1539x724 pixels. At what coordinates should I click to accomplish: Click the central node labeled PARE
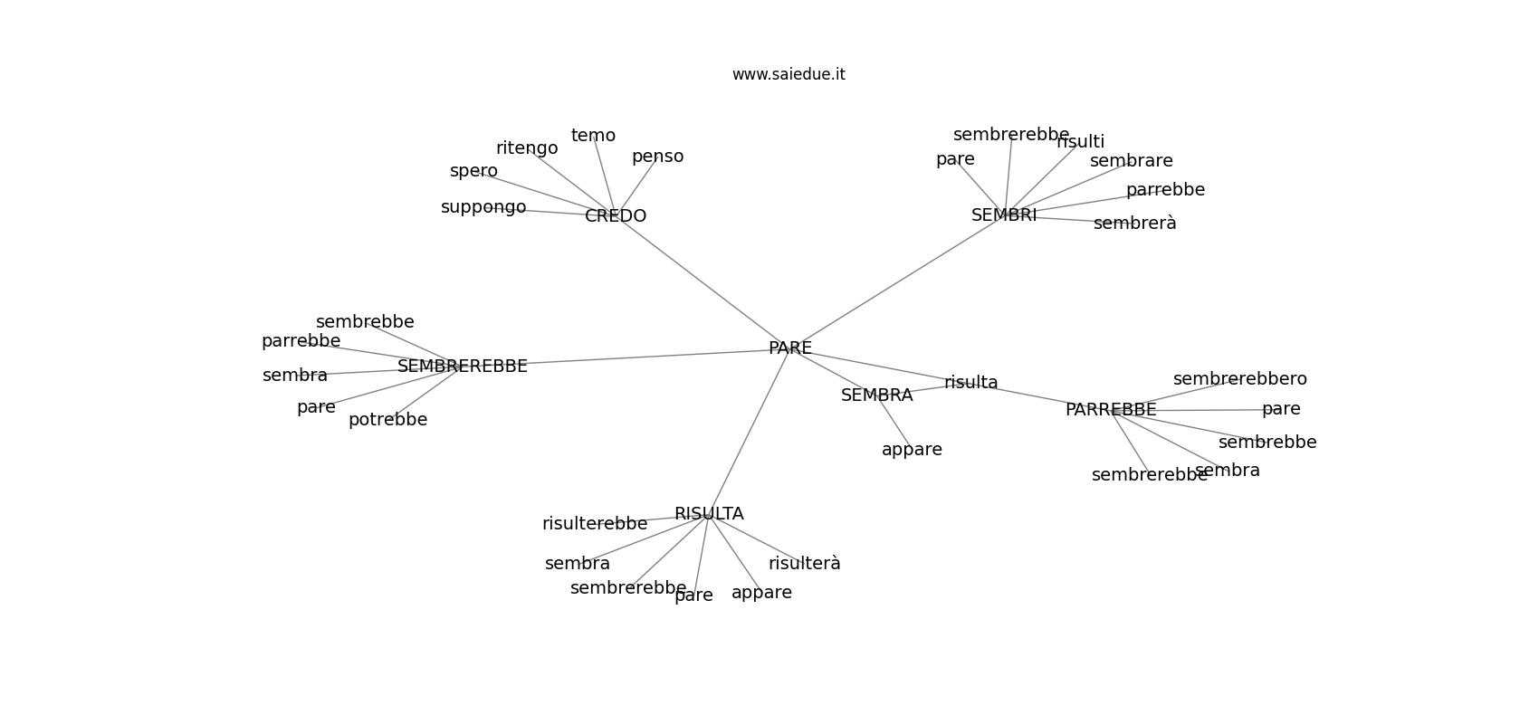pos(789,348)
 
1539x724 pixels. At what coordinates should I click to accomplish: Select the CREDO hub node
pos(616,216)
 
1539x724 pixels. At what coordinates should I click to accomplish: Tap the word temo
pos(593,136)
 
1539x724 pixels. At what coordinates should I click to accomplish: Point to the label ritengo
pos(527,148)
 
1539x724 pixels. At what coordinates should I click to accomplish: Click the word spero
pos(473,171)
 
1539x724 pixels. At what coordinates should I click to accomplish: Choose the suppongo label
pos(483,207)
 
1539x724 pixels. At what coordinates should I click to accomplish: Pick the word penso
pos(657,157)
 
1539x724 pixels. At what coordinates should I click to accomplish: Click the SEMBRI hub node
pos(1004,215)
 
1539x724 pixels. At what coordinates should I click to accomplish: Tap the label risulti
pos(1081,142)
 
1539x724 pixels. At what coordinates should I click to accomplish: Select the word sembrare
pos(1131,161)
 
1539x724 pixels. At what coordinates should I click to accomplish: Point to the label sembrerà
pos(1134,224)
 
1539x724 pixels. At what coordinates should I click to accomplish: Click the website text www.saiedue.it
pos(789,74)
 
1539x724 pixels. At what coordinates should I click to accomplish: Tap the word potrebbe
pos(387,420)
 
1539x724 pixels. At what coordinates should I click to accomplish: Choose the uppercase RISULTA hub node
pos(709,514)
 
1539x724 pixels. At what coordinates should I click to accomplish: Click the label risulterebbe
pos(595,524)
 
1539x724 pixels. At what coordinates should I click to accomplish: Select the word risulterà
pos(804,564)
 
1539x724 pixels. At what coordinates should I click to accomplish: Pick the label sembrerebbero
pos(1239,379)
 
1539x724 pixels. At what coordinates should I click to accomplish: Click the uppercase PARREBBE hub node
pos(1111,410)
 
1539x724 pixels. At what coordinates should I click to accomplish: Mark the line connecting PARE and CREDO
pos(703,282)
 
